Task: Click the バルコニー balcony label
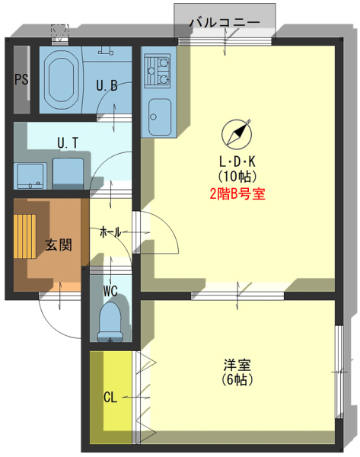[x=225, y=22]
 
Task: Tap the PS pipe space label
[x=22, y=79]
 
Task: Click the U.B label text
[x=107, y=85]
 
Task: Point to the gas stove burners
[x=158, y=71]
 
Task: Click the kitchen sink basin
[x=160, y=117]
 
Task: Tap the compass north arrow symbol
[x=237, y=133]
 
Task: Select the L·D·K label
[x=237, y=161]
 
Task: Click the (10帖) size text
[x=237, y=175]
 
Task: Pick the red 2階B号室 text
[x=237, y=194]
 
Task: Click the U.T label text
[x=68, y=143]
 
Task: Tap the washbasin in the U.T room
[x=30, y=176]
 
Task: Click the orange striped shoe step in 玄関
[x=25, y=236]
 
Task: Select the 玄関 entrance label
[x=59, y=244]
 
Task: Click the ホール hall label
[x=110, y=232]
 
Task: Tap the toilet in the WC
[x=110, y=321]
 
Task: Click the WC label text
[x=110, y=291]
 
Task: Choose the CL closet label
[x=110, y=397]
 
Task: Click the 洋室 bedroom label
[x=237, y=365]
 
